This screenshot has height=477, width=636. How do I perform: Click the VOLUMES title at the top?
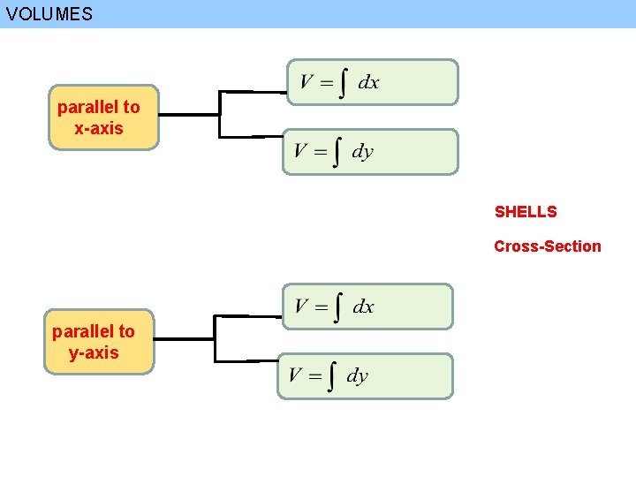[49, 14]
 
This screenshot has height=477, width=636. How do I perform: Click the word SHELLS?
[526, 212]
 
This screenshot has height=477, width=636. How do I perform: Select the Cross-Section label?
[547, 246]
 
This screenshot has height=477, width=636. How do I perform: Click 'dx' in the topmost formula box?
[368, 83]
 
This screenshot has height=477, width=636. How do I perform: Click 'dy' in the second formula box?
[362, 152]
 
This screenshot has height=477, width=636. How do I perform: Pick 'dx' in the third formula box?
[363, 307]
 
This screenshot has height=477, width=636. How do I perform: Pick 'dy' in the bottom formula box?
[357, 376]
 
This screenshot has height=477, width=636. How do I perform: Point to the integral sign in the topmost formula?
[341, 83]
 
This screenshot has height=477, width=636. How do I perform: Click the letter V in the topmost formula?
[306, 83]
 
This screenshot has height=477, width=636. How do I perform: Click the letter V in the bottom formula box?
[295, 376]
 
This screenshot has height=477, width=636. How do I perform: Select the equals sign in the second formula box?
[318, 152]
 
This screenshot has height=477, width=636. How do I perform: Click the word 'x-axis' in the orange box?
[99, 129]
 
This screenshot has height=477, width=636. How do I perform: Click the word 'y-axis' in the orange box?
[94, 353]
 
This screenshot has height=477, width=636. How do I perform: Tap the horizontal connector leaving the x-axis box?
[189, 115]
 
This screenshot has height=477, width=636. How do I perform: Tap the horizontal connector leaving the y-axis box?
[184, 339]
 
